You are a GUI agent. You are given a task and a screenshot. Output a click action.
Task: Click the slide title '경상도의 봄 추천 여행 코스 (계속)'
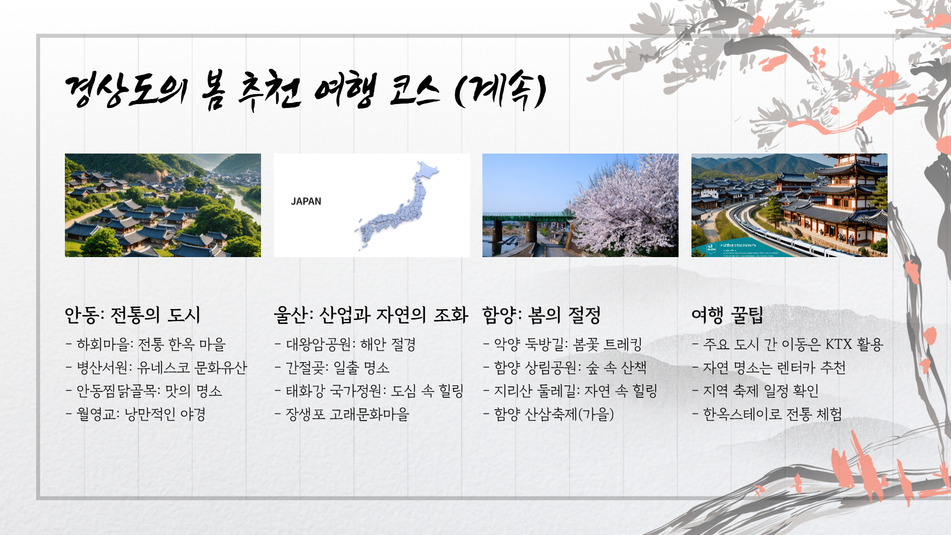point(306,90)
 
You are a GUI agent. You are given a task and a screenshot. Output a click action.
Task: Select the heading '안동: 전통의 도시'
point(132,315)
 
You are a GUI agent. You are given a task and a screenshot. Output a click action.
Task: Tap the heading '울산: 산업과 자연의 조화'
point(371,315)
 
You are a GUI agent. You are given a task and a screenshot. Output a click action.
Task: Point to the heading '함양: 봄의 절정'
point(541,315)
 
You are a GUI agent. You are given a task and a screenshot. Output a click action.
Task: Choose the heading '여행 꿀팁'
point(727,315)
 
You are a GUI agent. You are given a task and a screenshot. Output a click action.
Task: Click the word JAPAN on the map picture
point(306,202)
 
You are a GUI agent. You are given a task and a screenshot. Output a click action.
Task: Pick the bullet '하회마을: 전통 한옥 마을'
point(151,344)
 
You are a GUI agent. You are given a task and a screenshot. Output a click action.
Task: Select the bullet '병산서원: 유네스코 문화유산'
point(161,368)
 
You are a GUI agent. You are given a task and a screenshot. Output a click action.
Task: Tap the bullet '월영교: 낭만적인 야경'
point(141,414)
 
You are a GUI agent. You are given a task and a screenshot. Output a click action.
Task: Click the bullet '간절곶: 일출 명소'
point(337,368)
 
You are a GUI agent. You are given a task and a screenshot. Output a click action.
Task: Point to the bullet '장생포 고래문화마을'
point(347,414)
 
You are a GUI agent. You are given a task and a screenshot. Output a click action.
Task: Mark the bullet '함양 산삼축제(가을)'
point(554,414)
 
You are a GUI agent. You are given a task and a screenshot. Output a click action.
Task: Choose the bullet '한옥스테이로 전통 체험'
point(772,414)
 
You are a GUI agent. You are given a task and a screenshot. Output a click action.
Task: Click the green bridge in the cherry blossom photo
point(525,217)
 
